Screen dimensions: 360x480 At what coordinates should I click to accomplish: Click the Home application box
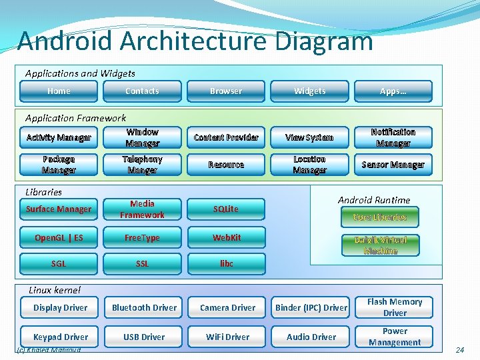[59, 91]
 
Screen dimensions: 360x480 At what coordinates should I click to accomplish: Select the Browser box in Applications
[226, 91]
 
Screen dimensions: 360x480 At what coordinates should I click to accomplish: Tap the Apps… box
[393, 91]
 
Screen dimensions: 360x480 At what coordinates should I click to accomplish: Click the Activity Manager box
[59, 137]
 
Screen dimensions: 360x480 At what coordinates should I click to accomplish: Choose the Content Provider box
[226, 137]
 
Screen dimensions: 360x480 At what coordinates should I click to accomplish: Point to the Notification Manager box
[393, 137]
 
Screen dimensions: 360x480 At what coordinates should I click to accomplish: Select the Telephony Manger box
[142, 165]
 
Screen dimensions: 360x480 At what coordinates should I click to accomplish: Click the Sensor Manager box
[393, 165]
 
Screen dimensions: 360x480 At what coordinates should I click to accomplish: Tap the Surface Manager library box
[59, 209]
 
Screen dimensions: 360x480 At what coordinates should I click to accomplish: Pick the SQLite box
[226, 209]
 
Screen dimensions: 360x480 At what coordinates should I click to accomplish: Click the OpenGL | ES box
[59, 237]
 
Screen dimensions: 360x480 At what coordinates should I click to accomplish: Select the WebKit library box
[226, 237]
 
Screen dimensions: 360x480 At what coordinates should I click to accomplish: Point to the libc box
[226, 263]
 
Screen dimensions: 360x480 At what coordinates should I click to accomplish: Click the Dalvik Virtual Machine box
[381, 245]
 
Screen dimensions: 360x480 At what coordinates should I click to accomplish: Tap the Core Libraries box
[380, 217]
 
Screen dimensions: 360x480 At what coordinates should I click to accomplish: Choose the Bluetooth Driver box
[144, 307]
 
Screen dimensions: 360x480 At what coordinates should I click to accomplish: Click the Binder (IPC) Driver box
[311, 307]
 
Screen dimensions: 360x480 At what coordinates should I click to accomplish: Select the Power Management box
[394, 337]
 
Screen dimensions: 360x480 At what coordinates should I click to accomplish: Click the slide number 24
[459, 349]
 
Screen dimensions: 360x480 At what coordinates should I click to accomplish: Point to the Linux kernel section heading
[55, 290]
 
